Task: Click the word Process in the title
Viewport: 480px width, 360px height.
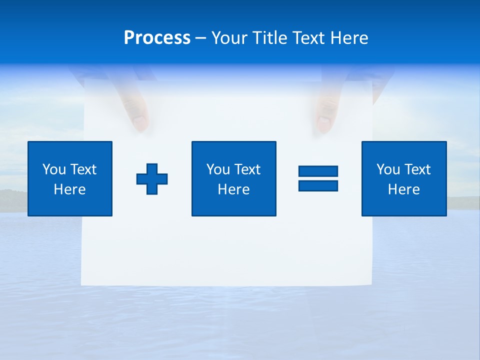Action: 157,38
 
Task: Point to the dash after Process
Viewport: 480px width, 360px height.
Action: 201,38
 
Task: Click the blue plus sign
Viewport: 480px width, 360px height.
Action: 152,178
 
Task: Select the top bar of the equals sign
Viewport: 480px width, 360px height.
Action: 318,171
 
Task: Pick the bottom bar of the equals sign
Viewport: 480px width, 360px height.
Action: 318,185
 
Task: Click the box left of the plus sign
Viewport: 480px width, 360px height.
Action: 70,178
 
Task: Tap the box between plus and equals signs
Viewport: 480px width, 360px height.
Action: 233,178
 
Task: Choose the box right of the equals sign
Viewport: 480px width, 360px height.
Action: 404,178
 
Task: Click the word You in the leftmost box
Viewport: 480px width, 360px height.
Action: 54,169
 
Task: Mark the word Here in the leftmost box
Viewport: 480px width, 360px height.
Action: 70,189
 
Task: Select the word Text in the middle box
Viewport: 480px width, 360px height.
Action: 247,169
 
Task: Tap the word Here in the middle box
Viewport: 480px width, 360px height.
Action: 233,189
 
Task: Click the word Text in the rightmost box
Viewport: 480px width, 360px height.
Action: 417,169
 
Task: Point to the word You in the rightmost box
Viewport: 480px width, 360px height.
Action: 388,169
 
